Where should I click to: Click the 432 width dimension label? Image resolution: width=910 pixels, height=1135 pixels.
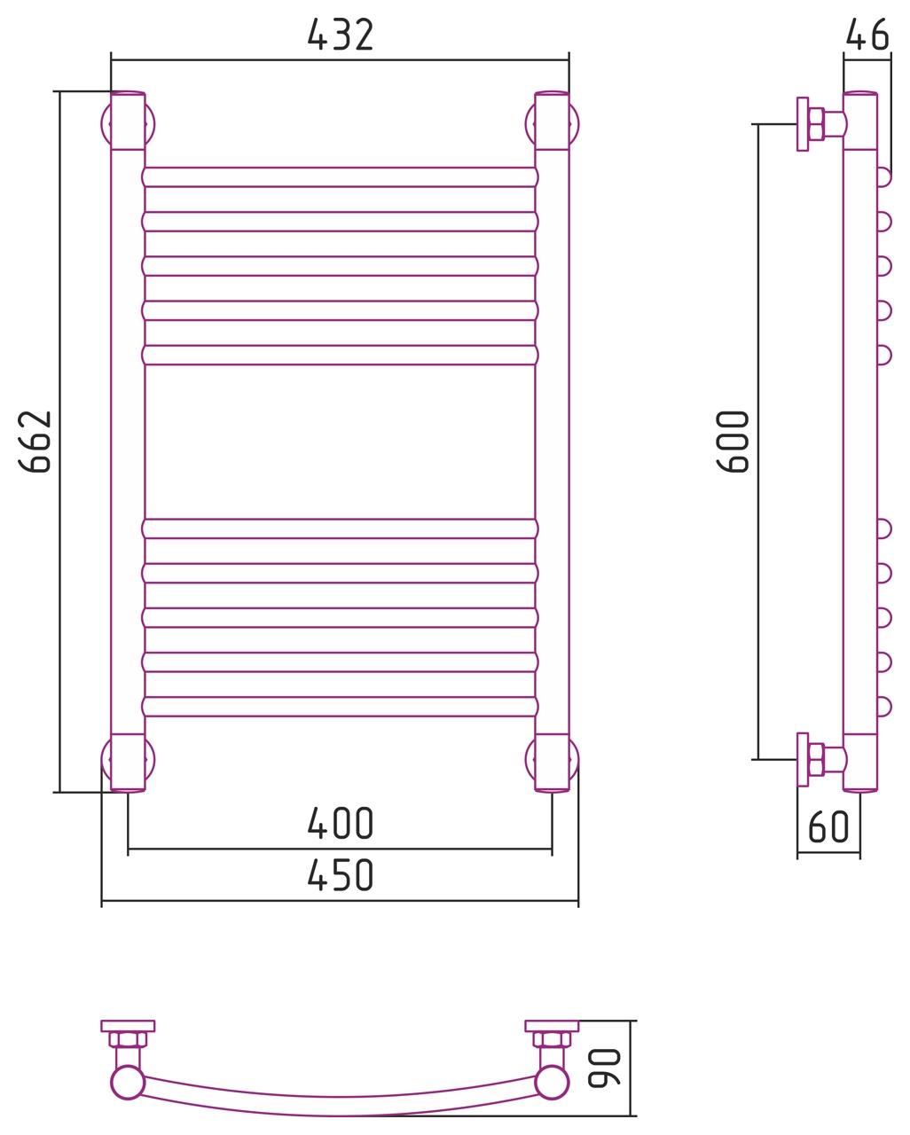tap(341, 35)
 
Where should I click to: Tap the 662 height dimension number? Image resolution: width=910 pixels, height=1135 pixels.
tap(35, 442)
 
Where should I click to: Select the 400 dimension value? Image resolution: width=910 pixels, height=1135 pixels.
tap(341, 823)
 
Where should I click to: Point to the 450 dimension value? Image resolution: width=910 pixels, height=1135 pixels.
tap(341, 874)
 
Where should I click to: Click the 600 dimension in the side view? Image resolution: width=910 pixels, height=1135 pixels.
tap(733, 442)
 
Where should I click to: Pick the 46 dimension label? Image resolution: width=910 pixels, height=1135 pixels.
tap(867, 35)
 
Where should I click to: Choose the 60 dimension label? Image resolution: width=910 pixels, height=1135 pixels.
tap(828, 826)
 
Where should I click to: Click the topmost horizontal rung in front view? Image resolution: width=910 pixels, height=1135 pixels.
tap(340, 177)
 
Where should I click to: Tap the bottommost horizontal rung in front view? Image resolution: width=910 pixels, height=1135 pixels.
tap(340, 707)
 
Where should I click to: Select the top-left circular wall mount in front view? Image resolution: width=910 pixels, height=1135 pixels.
tap(128, 124)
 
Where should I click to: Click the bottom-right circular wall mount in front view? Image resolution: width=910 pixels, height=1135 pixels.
tap(552, 760)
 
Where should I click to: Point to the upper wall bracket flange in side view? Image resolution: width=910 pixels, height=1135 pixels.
tap(803, 124)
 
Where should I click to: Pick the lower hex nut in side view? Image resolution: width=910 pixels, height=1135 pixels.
tap(816, 760)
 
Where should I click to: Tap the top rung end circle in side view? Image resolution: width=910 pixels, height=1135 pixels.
tap(884, 177)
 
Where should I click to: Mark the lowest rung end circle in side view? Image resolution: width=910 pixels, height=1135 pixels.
tap(884, 707)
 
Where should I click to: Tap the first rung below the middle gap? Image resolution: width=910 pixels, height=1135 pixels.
tap(340, 528)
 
